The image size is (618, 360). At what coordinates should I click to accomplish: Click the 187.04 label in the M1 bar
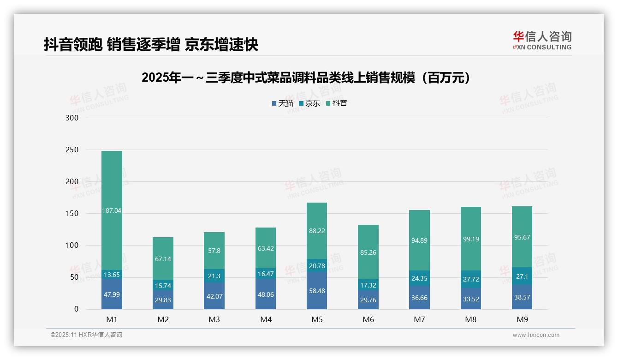pos(112,210)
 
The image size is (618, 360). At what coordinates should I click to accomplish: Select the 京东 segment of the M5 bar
pos(317,265)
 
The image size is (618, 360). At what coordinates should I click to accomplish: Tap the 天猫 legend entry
pos(283,103)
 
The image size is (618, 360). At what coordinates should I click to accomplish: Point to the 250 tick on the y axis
pos(72,150)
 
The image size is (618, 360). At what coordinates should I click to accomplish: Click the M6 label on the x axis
pos(368,319)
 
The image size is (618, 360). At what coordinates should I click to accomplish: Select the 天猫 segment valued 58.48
pos(317,291)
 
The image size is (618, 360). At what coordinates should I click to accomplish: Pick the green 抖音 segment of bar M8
pos(471,239)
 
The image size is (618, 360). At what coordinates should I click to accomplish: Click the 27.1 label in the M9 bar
pos(522,276)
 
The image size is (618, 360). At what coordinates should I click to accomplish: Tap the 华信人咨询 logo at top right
pos(542,40)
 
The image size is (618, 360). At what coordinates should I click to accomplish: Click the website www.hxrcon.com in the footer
pos(535,335)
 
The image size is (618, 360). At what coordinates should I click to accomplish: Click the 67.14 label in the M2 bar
pos(163,259)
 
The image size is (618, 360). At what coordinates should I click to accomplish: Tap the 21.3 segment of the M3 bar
pos(214,276)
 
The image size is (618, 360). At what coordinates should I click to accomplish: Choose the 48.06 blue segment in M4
pos(266,294)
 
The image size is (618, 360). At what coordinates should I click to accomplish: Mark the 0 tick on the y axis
pos(76,309)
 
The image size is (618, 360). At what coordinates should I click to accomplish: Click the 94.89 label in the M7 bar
pos(419,240)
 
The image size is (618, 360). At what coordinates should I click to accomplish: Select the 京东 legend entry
pos(309,103)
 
